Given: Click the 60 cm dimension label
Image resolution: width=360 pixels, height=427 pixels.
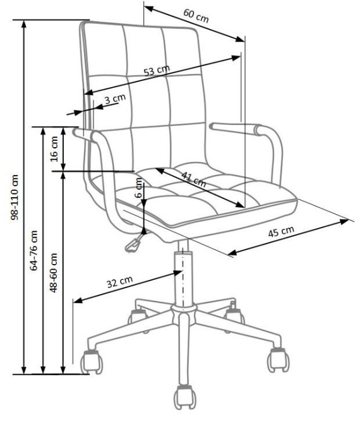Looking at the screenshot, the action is (196, 16).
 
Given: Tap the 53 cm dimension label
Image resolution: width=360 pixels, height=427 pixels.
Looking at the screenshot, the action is (157, 70).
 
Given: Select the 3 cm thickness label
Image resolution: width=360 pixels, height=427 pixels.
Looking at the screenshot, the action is (115, 99).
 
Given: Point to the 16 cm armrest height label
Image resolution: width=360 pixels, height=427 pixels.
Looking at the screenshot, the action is (55, 148).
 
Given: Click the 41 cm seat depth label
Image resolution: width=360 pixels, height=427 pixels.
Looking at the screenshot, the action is (194, 179).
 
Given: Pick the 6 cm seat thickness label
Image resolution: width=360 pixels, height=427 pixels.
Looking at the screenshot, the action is (139, 188).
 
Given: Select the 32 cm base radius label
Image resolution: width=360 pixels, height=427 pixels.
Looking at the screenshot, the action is (119, 282).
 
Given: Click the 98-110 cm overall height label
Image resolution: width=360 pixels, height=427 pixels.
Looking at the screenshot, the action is (15, 197).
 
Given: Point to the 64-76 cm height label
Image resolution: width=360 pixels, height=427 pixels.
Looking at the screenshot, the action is (34, 251).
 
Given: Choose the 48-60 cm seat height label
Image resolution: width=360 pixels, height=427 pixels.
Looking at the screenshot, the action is (54, 273).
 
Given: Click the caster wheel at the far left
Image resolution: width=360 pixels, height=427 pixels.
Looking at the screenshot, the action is (92, 362).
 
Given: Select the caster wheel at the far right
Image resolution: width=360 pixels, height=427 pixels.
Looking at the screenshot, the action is (278, 360).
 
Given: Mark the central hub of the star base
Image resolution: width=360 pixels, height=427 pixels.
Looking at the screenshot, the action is (184, 314).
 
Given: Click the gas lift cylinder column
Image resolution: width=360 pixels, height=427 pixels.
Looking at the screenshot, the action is (183, 275).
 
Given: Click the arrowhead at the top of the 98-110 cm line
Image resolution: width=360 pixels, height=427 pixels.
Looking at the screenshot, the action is (24, 24).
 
